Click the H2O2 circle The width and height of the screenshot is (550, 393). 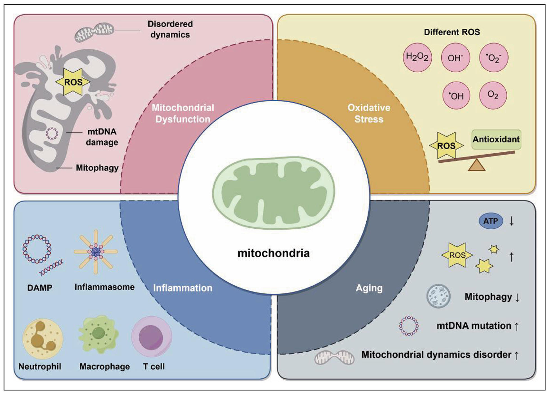point(417,57)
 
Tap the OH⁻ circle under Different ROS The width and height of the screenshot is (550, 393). point(455,58)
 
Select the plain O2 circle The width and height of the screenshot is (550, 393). point(493,95)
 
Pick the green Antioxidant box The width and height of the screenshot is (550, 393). point(496,139)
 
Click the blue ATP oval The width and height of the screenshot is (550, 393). point(490,221)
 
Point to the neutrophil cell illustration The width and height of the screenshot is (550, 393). point(43,339)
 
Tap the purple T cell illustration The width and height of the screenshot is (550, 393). point(152,337)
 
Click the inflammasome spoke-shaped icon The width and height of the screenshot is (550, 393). point(96,252)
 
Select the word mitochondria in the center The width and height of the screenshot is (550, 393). point(273,253)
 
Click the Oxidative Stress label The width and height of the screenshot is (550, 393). point(369,113)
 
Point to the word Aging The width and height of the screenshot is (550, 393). point(369,288)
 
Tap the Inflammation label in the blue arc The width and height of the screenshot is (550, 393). point(182,288)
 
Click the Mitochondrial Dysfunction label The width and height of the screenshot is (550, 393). point(183,113)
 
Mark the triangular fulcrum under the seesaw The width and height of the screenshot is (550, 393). point(477,166)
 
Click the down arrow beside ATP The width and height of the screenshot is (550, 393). point(511,221)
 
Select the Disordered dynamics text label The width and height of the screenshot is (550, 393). point(170,29)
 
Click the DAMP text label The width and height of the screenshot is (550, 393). point(40,288)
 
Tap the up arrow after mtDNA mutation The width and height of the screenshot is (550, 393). point(516,326)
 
